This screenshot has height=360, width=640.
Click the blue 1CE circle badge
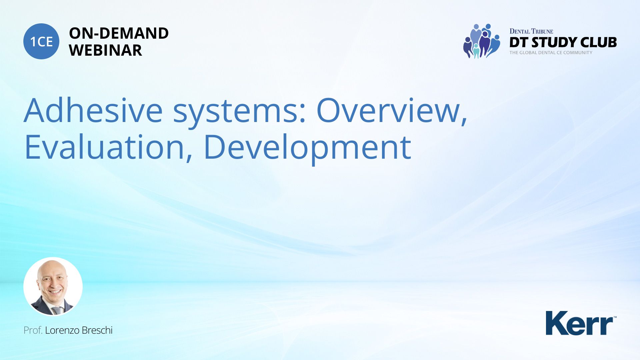coord(41,41)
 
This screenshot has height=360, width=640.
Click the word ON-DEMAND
coord(119,33)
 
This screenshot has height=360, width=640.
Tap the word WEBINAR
coord(105,50)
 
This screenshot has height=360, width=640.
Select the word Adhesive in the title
coord(93,110)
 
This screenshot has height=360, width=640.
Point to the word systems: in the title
coord(239,113)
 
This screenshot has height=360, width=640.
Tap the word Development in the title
coord(307,149)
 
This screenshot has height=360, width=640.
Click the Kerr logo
coord(581,323)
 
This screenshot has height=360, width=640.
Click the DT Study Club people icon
coord(481,41)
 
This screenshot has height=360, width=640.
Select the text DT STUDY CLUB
coord(563,42)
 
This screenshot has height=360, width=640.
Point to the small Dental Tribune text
coord(531,31)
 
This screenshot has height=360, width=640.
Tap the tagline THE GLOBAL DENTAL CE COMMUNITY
coord(551,53)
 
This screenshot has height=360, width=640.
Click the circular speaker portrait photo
coord(53,286)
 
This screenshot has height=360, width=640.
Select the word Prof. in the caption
coord(33,330)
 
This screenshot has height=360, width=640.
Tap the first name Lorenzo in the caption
coord(62,330)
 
